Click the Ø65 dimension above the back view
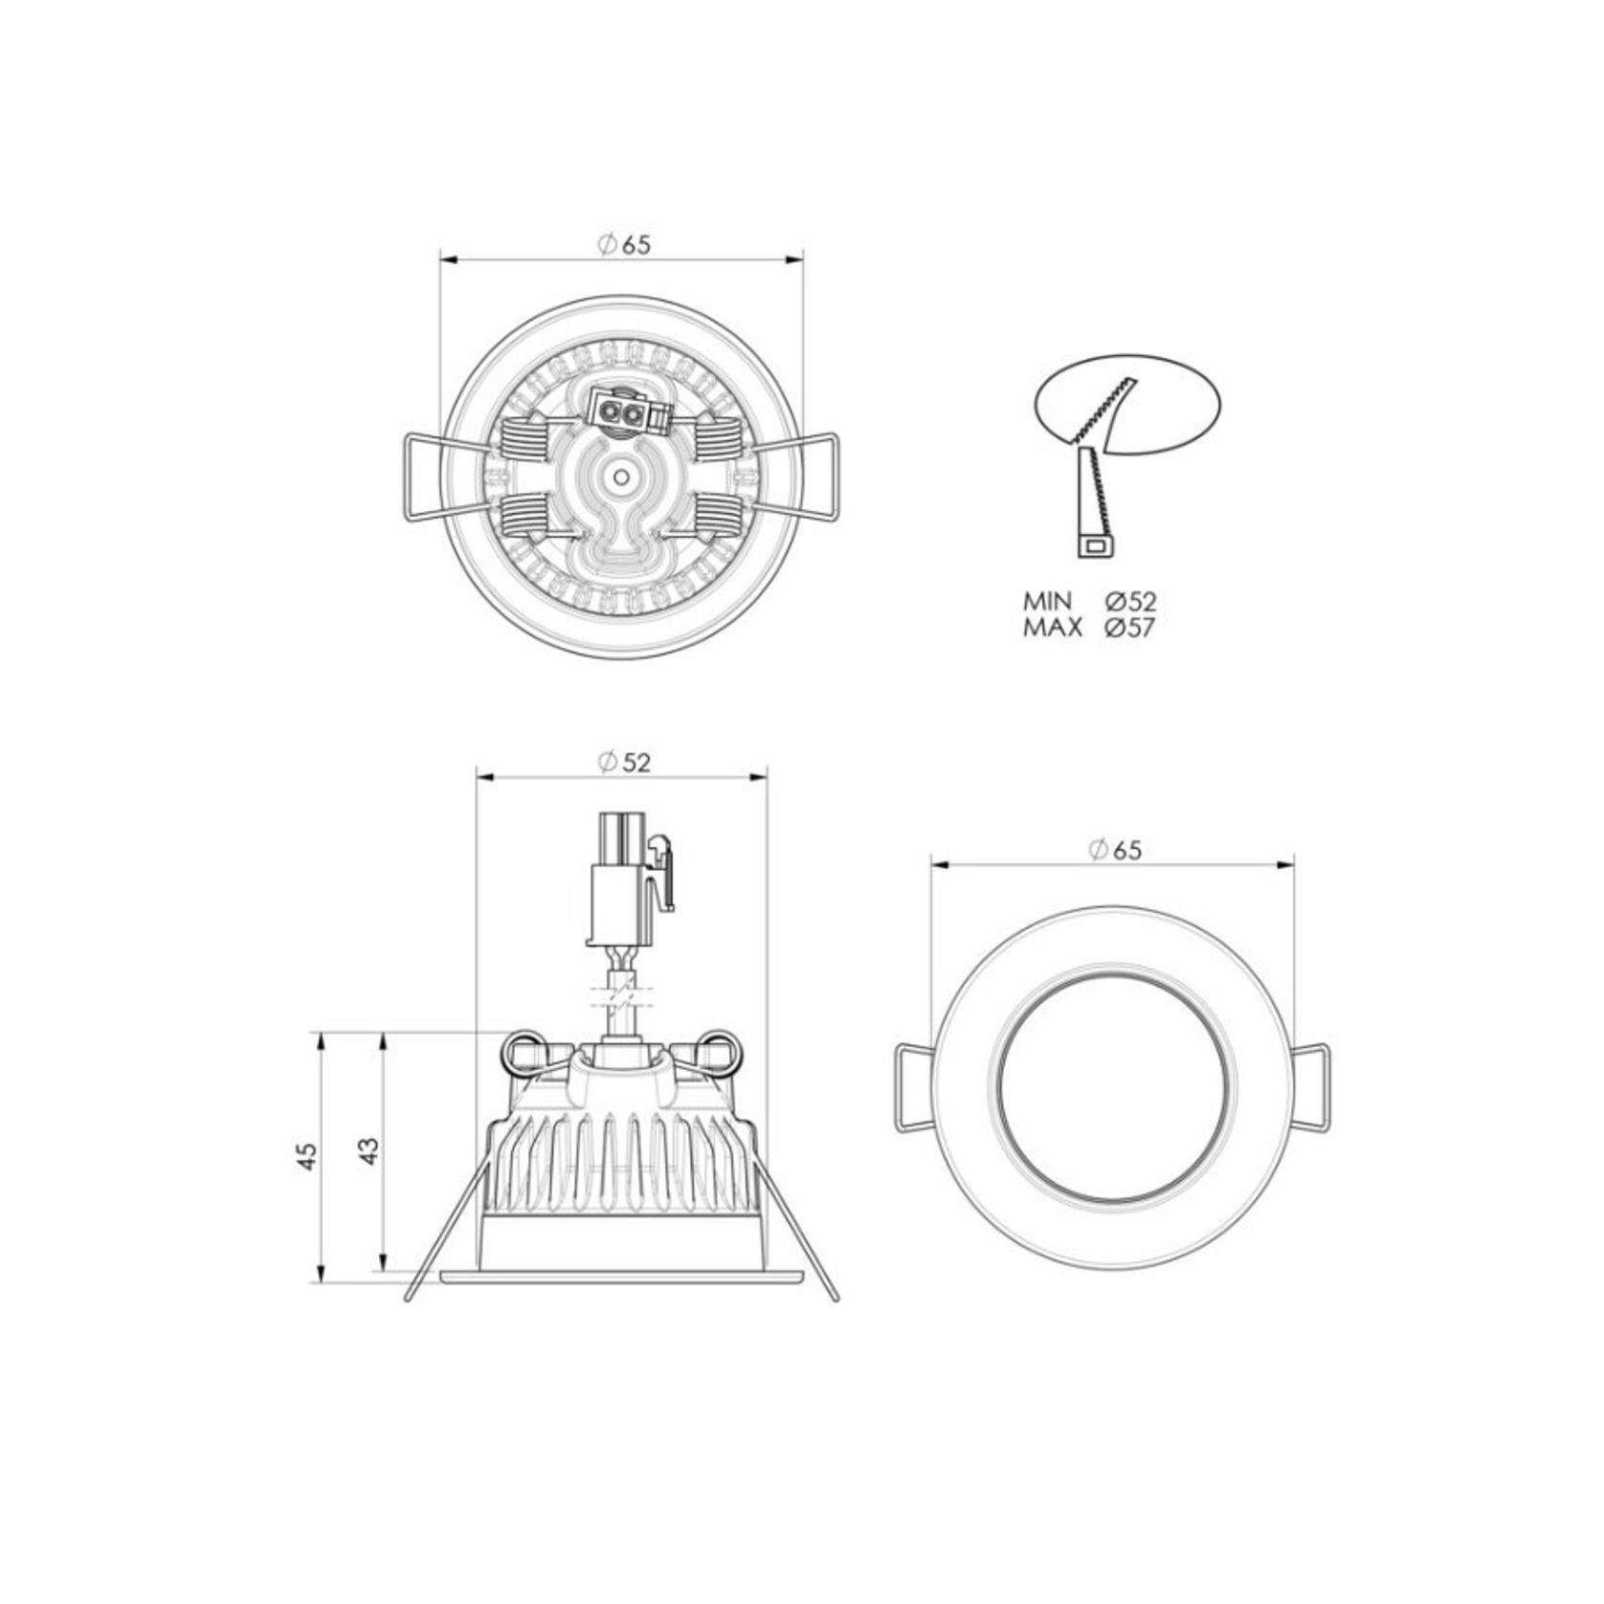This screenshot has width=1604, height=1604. [x=623, y=245]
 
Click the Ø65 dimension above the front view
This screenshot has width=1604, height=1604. [x=1115, y=849]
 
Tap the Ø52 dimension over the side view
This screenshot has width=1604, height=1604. [x=623, y=762]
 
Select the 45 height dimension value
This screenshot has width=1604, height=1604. [x=306, y=1157]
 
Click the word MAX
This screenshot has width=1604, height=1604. [x=1053, y=628]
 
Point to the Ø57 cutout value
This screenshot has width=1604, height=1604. [x=1129, y=628]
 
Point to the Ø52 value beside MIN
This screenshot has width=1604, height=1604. [x=1129, y=602]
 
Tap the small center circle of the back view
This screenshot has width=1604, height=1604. [x=621, y=477]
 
